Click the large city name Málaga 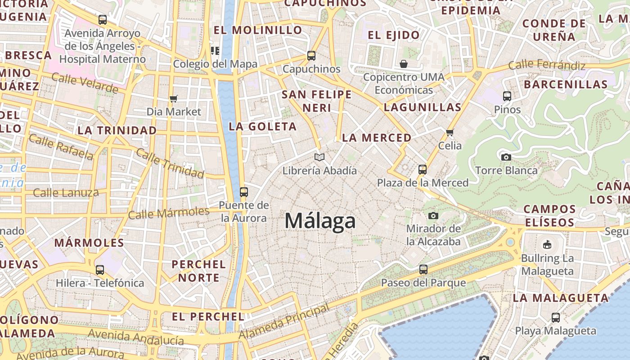click(320, 221)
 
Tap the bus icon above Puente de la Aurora click(244, 192)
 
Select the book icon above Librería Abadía click(319, 157)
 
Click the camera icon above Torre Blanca click(506, 157)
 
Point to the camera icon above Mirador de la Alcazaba click(433, 216)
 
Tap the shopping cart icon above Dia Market click(174, 99)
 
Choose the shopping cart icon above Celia click(450, 132)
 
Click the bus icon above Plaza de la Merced click(423, 170)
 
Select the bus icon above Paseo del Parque click(423, 270)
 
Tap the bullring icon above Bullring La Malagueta click(547, 245)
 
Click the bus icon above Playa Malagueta click(556, 317)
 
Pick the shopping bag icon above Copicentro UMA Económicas click(404, 64)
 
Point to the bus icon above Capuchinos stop click(311, 56)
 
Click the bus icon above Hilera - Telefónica click(100, 270)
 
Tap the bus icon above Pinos click(507, 96)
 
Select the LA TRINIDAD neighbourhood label click(117, 130)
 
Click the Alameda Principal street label click(284, 322)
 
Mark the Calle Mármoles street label click(169, 213)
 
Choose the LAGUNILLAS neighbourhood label click(423, 107)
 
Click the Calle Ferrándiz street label click(547, 66)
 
